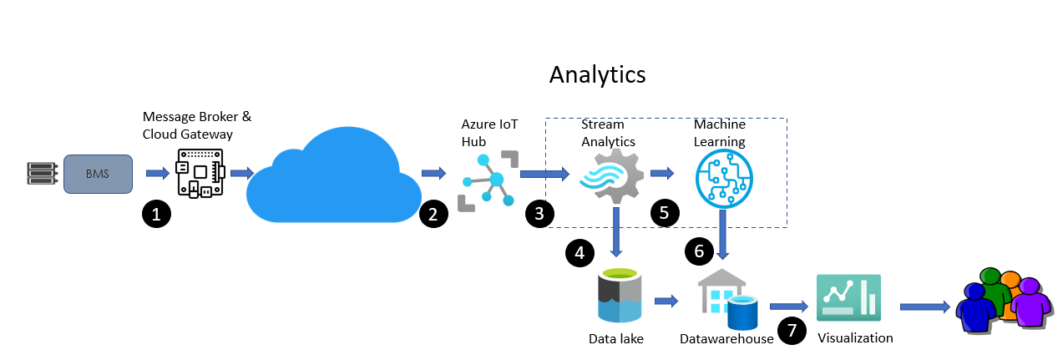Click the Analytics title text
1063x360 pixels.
597,74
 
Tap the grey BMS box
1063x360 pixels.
98,173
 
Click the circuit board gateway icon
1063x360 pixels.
200,174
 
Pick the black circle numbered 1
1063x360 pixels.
156,214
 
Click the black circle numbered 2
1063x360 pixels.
433,214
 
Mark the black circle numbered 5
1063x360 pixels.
665,212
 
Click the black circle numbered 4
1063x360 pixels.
580,252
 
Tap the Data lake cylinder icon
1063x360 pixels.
619,295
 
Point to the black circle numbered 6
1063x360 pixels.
699,250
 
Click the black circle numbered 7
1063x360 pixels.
792,332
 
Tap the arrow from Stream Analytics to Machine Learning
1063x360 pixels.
661,174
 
